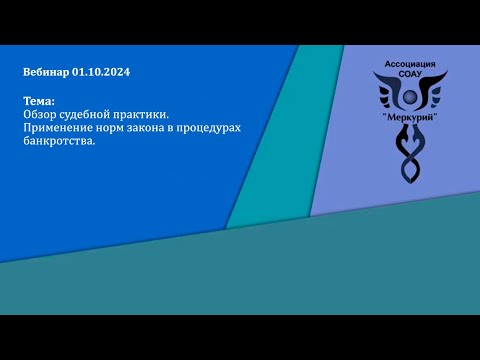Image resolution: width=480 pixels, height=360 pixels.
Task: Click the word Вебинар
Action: coord(45,73)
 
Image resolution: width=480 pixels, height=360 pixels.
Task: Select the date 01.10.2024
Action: coord(101,73)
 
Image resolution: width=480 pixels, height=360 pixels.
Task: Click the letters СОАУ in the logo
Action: coord(410,75)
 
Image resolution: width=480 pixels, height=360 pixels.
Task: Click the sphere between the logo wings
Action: coord(410,97)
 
